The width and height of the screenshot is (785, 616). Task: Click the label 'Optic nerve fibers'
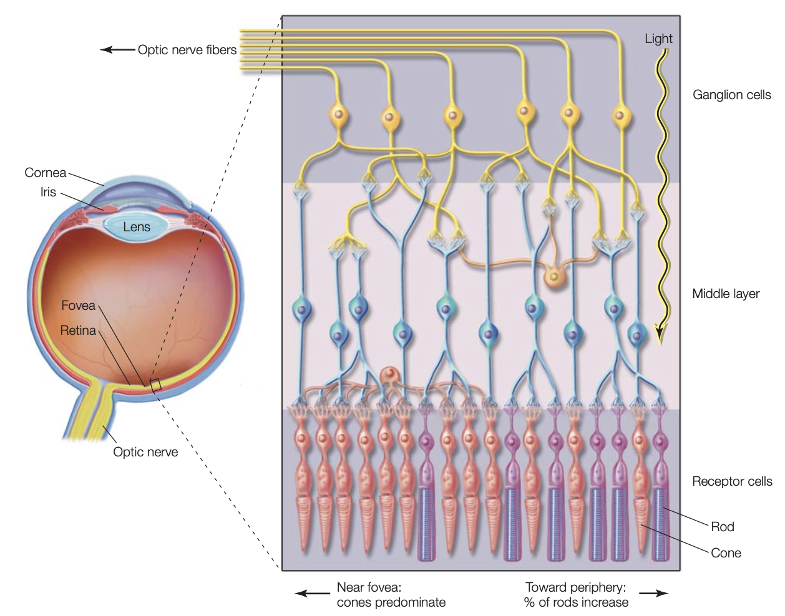coord(187,50)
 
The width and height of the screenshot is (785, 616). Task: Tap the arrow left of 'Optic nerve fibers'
coord(117,50)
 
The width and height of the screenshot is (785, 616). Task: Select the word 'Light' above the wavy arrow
coord(658,39)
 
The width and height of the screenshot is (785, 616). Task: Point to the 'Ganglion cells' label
coord(731,95)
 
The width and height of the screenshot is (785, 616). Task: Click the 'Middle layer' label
coord(726,294)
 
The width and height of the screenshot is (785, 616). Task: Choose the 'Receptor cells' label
coord(731,481)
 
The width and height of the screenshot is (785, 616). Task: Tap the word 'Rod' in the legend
coord(722,527)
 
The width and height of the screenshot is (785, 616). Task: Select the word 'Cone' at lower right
coord(726,553)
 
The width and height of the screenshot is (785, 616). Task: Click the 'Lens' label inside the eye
coord(136,227)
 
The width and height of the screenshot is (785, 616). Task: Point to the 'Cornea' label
coord(45,173)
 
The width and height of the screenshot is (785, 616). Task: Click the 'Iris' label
coord(48,192)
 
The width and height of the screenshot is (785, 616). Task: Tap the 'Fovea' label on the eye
coord(78,306)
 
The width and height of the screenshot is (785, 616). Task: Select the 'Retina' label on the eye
coord(77,330)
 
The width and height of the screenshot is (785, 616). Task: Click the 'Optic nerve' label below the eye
coord(145,452)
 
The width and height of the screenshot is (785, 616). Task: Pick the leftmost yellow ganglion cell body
coord(337,115)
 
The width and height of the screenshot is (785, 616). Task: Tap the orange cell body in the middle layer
coord(553,276)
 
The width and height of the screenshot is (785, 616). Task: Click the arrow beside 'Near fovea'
coord(312,594)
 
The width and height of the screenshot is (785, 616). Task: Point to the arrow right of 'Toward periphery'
coord(653,594)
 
